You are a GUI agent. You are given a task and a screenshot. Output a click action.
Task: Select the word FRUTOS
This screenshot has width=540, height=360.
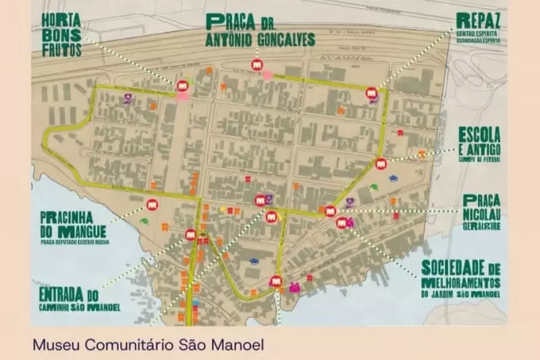(62, 49)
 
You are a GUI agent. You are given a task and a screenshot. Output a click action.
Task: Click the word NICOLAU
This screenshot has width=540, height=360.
(481, 213)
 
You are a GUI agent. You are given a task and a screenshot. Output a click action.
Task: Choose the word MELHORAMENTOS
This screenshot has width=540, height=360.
(460, 282)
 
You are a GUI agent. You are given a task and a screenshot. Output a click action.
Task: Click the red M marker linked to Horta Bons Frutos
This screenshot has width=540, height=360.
(182, 86)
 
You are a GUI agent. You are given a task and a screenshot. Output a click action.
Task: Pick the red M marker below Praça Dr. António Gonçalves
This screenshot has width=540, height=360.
(256, 65)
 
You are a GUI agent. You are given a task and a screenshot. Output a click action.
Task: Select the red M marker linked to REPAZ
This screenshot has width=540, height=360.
(371, 93)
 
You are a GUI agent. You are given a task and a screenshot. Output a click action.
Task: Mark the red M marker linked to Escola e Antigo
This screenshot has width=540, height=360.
(381, 163)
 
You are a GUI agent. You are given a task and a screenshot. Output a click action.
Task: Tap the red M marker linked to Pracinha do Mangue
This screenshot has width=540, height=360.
(152, 204)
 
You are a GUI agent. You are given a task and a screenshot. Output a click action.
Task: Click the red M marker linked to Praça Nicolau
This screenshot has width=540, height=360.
(330, 211)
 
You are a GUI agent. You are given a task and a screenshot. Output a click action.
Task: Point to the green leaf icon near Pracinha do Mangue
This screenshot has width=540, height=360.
(143, 220)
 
